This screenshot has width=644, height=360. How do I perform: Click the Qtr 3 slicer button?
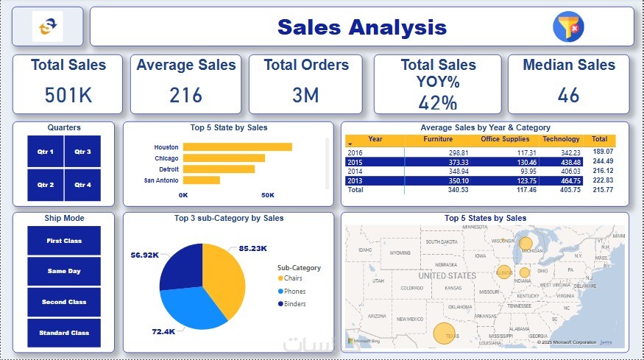[82, 152]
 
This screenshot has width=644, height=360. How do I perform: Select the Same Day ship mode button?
[63, 272]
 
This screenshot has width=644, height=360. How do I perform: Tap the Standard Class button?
[63, 333]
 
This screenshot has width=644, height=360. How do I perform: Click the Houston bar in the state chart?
[237, 147]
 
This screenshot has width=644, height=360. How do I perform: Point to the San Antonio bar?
[201, 180]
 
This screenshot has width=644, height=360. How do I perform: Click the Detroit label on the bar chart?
[167, 169]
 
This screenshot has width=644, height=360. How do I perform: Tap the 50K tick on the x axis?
[268, 195]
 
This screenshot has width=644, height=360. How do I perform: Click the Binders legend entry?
[294, 303]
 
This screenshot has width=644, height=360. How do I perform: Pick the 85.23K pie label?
[253, 249]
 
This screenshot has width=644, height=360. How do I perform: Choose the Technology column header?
[561, 139]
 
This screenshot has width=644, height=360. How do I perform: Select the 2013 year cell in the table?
[354, 180]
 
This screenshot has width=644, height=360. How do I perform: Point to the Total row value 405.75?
[566, 189]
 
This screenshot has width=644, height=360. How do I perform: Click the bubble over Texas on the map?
[443, 333]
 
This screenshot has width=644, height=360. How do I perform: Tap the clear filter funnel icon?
[567, 26]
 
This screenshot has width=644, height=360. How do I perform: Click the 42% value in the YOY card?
[438, 102]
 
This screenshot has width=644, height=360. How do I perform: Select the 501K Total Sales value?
[68, 95]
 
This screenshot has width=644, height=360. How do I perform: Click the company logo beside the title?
[48, 27]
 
